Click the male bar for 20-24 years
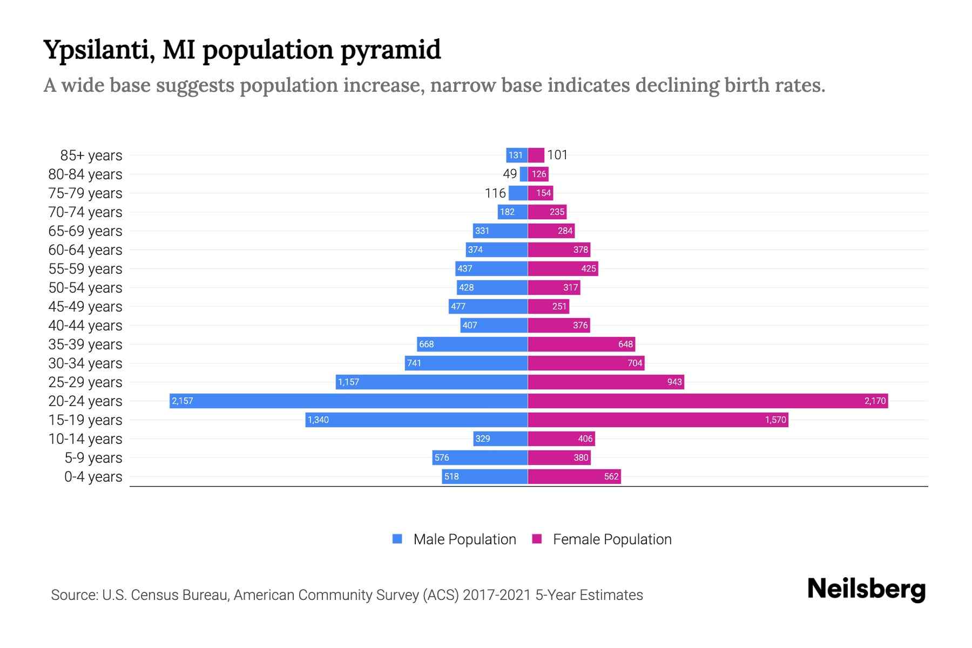click(348, 401)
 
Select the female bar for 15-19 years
click(658, 420)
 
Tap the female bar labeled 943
click(606, 382)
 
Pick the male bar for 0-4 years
click(484, 476)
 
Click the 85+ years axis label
click(91, 156)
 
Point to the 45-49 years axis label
click(85, 307)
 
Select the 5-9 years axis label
click(93, 458)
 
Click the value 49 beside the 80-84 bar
click(510, 174)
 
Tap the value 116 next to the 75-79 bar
click(495, 193)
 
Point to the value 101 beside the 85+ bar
click(557, 155)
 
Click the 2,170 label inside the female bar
click(875, 401)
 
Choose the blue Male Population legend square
click(397, 539)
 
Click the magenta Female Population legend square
click(537, 539)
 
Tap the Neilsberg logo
click(866, 589)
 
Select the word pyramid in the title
click(390, 50)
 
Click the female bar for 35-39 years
click(581, 344)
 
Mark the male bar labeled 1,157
click(431, 382)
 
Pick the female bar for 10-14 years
click(561, 438)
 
